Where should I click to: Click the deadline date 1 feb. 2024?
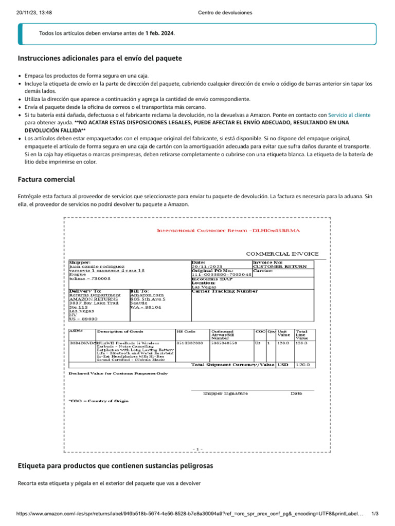[x=159, y=33]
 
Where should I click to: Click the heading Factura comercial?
[x=46, y=180]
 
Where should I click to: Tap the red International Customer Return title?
[x=228, y=231]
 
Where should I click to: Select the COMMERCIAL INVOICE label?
[x=282, y=254]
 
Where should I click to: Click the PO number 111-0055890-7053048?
[x=221, y=275]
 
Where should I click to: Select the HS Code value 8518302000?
[x=190, y=343]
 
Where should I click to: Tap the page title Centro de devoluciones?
[x=225, y=13]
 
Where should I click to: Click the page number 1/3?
[x=374, y=514]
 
